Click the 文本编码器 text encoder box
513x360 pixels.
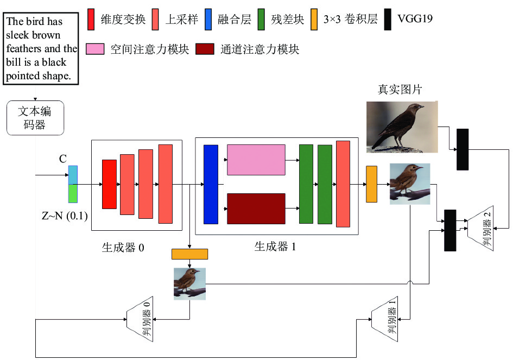coord(35,118)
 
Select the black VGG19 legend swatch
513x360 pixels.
coord(388,20)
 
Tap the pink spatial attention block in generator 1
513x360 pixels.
coord(256,160)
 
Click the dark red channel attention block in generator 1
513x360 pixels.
coord(256,209)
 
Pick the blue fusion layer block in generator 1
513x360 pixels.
coord(211,185)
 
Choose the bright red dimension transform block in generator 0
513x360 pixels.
coord(109,184)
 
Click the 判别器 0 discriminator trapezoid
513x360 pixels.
coord(140,319)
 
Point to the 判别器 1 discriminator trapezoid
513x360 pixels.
coord(385,319)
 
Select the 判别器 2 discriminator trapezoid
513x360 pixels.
coord(480,228)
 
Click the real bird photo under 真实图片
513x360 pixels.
coord(402,127)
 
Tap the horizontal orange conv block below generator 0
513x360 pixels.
coord(190,254)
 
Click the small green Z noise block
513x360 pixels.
coord(73,194)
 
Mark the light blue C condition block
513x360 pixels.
coord(73,175)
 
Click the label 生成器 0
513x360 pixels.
coord(123,248)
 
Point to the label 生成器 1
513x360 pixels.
coord(275,247)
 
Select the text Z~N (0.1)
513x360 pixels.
coord(65,216)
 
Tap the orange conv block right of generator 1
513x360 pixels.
coord(371,184)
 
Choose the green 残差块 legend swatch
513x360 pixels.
coord(261,20)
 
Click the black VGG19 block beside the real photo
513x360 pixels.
coord(463,149)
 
